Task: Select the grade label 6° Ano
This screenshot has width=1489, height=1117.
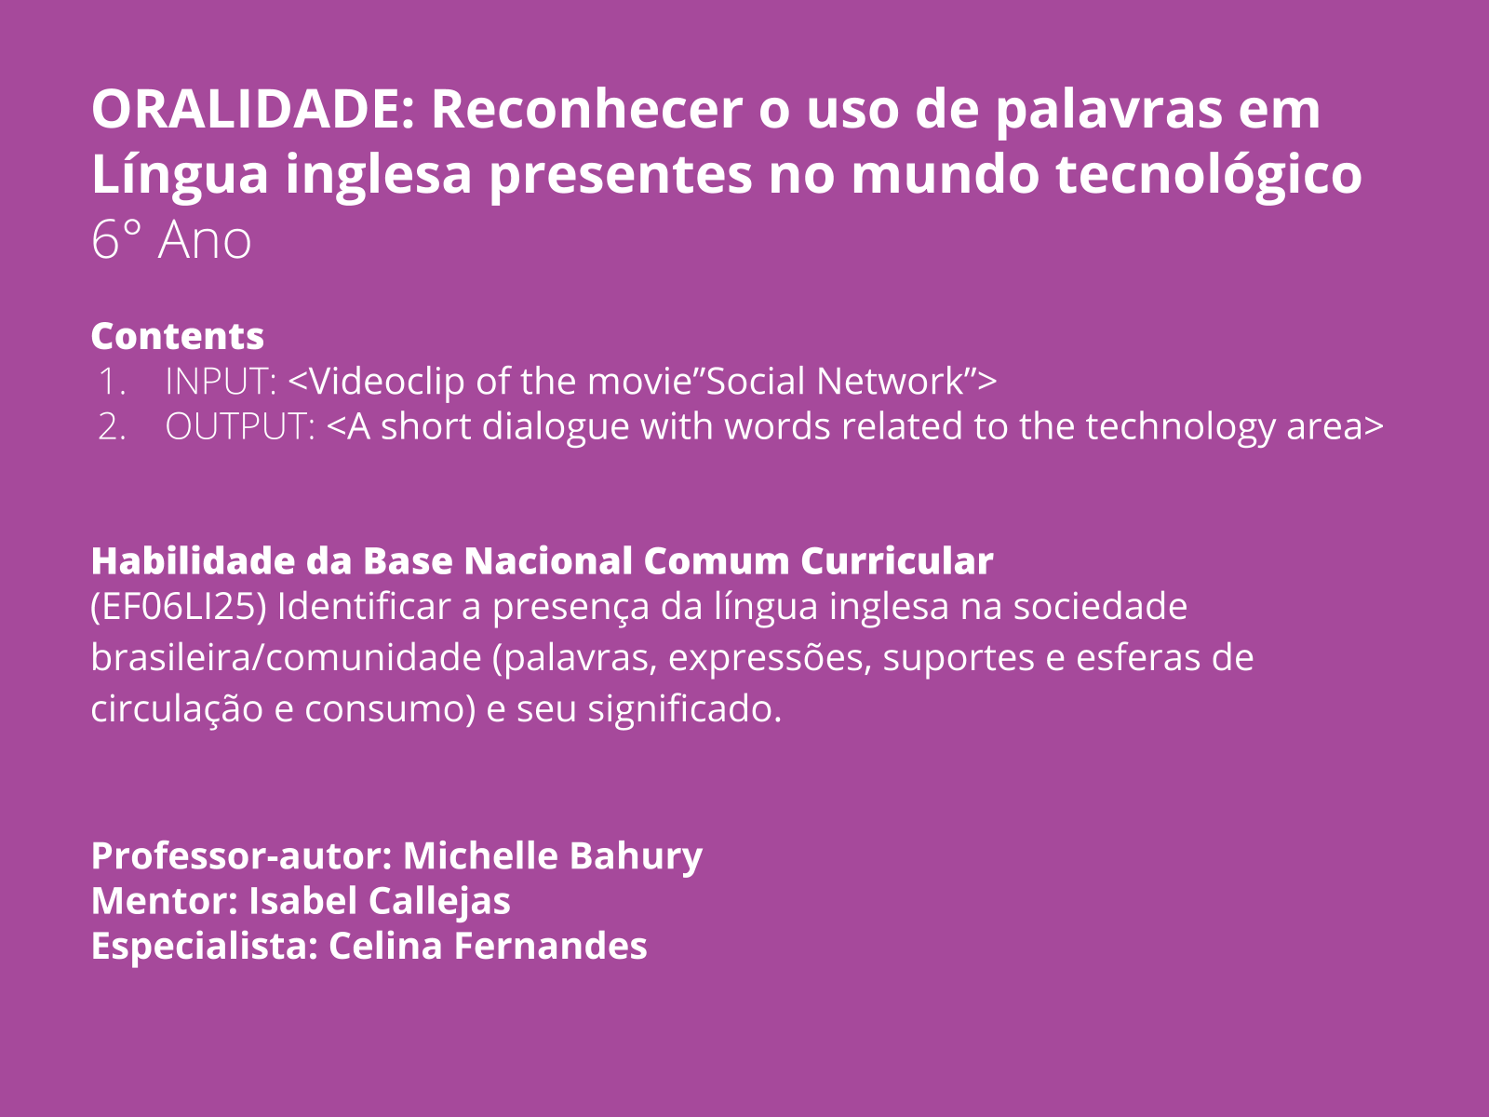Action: click(171, 240)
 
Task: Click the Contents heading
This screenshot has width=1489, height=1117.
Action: click(178, 336)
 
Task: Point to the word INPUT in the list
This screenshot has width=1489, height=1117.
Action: click(221, 382)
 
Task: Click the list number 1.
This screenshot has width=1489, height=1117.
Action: click(112, 382)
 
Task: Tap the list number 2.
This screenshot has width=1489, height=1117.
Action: click(112, 426)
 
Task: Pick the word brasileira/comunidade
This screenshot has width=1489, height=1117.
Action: click(285, 658)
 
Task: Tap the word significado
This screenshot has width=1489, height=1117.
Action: click(689, 709)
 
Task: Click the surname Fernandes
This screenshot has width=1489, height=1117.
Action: click(551, 946)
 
